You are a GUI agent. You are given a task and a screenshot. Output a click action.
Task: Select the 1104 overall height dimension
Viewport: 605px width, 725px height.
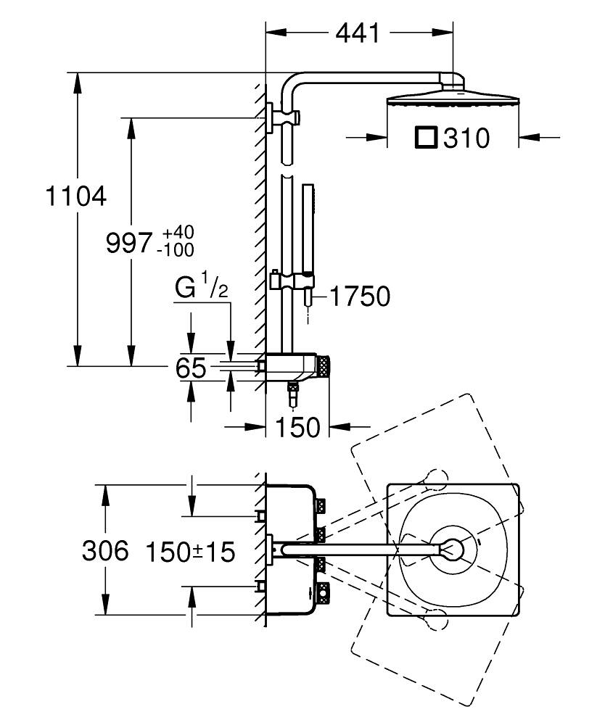(x=75, y=196)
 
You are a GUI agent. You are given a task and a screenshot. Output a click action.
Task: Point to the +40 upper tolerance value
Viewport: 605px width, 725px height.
(x=178, y=233)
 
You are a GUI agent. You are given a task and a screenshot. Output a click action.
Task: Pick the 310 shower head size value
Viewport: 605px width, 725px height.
(x=466, y=138)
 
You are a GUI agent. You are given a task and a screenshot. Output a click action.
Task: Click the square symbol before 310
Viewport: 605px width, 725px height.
(x=427, y=137)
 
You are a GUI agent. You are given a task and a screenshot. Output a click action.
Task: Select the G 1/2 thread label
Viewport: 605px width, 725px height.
(x=201, y=288)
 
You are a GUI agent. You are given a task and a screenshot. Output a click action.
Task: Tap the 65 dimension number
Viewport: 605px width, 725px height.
(x=192, y=368)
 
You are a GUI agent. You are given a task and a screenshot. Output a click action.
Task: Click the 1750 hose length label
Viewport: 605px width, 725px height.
(x=361, y=296)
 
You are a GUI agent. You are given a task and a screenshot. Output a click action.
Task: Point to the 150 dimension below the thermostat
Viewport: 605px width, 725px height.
(x=297, y=428)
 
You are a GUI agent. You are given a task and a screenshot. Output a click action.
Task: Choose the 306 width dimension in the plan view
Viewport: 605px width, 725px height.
(x=104, y=552)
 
